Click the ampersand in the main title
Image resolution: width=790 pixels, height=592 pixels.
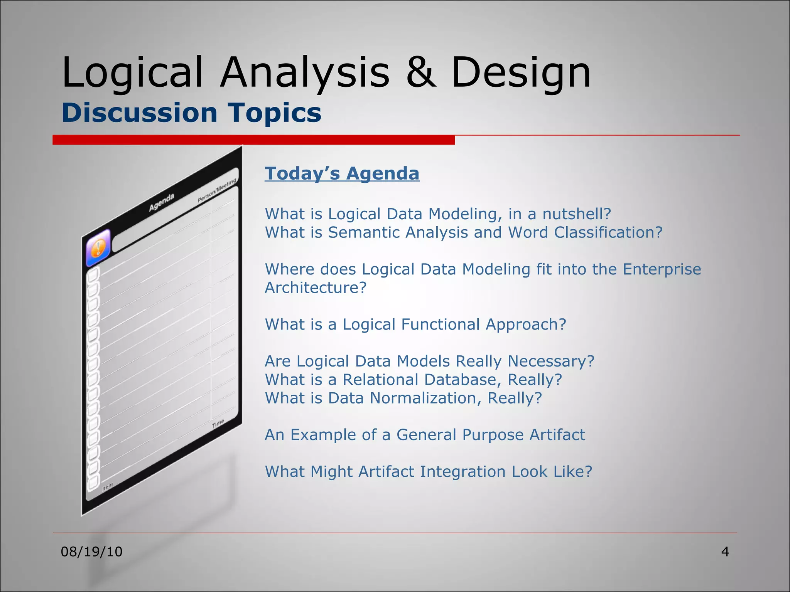pos(421,72)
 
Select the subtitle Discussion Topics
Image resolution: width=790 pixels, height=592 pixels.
pos(191,113)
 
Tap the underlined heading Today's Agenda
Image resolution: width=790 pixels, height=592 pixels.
pos(342,173)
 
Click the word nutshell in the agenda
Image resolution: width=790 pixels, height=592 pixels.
pos(576,214)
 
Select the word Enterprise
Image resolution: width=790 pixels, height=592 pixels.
pos(662,269)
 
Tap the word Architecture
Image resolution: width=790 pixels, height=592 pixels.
pos(315,288)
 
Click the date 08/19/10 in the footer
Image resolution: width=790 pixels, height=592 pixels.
pos(91,552)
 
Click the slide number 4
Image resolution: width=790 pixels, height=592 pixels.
pos(725,552)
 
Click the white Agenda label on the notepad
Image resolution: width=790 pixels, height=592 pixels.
pos(162,202)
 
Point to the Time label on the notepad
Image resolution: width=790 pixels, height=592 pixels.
pos(218,424)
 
